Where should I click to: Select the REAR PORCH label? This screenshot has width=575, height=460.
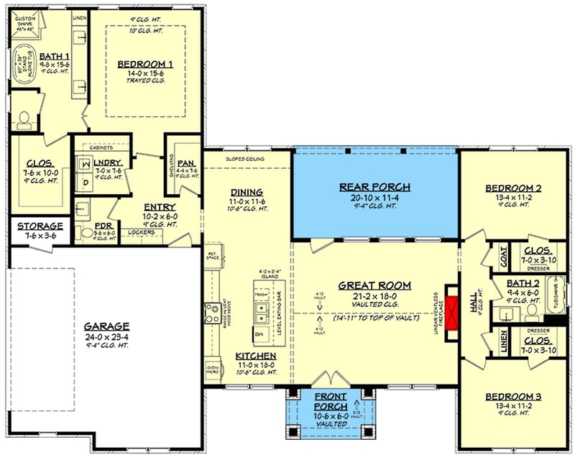click(375, 187)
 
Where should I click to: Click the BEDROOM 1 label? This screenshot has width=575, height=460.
click(151, 64)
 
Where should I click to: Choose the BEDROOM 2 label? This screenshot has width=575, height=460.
click(512, 188)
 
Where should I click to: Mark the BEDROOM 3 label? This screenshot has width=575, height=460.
click(513, 397)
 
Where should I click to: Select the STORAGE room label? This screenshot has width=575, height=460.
click(40, 226)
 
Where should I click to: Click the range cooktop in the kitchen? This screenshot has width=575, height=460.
click(212, 313)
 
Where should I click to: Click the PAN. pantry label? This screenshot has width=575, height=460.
click(186, 163)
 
